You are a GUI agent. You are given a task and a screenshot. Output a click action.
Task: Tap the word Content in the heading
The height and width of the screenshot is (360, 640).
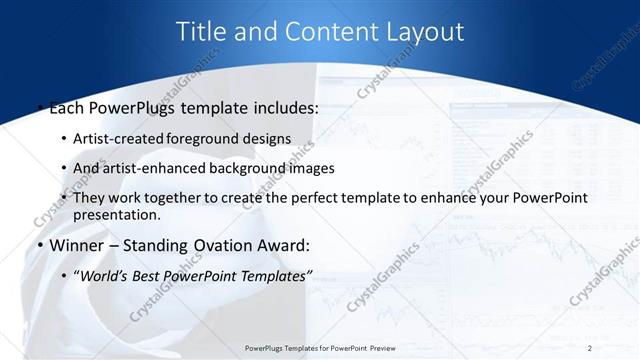pos(324,31)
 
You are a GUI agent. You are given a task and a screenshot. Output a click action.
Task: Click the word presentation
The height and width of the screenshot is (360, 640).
pos(115,214)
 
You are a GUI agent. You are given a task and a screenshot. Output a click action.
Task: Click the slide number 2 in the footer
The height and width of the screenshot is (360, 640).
pos(590,348)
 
